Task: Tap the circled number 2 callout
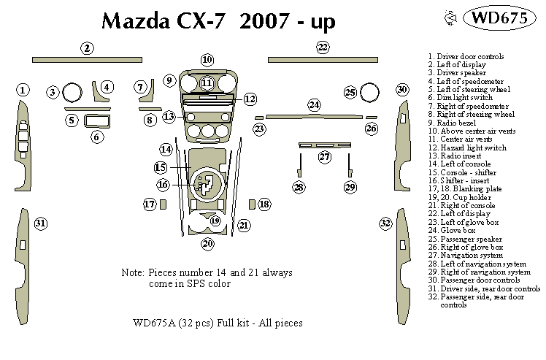(87, 48)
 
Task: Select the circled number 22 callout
(323, 47)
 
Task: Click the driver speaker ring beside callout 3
(72, 93)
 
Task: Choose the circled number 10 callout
(207, 59)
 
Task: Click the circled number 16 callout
(164, 185)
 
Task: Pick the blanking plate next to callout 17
(163, 204)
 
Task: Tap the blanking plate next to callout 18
(252, 204)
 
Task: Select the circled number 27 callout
(325, 157)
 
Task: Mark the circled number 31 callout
(41, 223)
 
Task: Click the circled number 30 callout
(402, 89)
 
